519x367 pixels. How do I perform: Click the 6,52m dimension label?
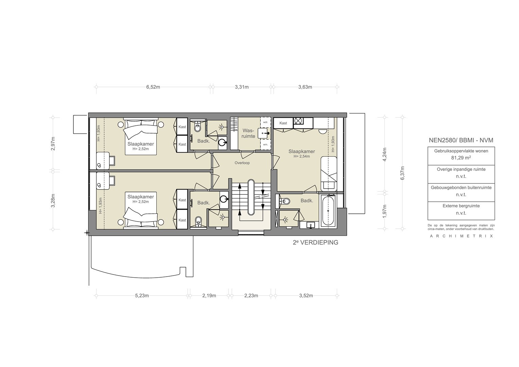153,87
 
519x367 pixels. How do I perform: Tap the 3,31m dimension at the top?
242,87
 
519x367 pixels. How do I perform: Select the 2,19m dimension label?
209,296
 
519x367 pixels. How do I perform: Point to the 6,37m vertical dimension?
402,173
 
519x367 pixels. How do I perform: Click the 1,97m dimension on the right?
385,211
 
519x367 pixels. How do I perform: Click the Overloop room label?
242,163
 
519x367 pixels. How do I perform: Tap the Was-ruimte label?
248,133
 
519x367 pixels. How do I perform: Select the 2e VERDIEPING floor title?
315,243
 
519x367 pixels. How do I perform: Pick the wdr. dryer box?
265,122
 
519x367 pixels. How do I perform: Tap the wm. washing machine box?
265,144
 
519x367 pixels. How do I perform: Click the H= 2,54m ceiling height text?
302,156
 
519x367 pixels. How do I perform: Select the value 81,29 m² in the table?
461,158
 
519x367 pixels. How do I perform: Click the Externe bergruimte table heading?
461,206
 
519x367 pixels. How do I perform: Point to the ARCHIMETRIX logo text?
461,236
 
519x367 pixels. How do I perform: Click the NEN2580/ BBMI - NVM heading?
461,140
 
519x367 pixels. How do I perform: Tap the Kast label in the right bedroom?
283,123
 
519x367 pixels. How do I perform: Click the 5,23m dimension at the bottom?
142,296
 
